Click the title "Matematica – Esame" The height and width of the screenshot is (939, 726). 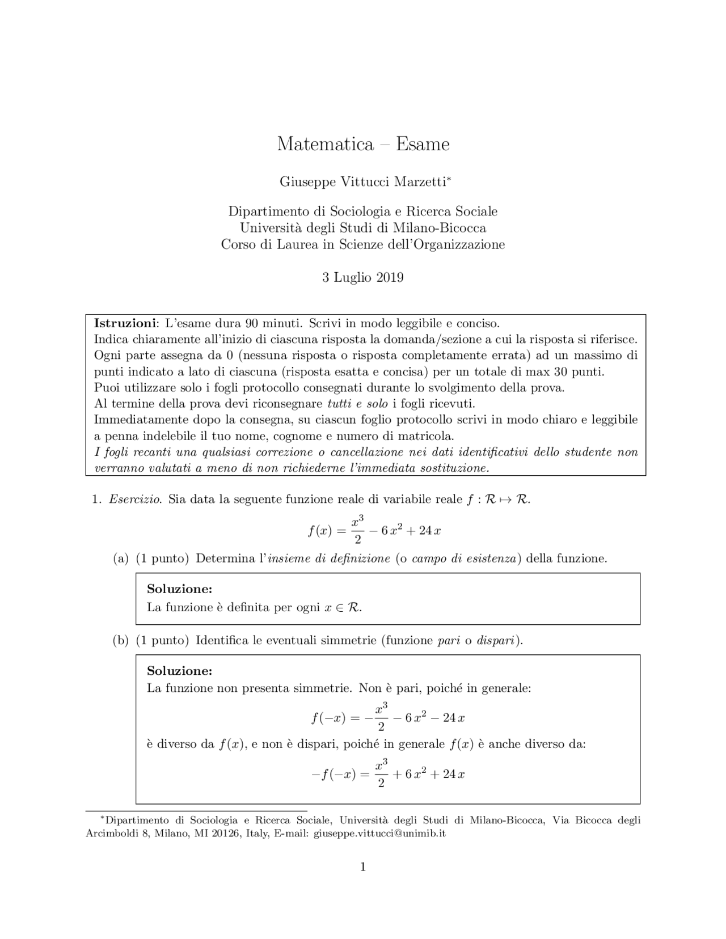click(363, 144)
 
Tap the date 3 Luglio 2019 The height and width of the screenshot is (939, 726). click(363, 277)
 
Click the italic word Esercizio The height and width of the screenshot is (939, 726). click(136, 500)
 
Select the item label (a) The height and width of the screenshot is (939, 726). click(121, 559)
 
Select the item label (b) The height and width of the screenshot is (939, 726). click(121, 640)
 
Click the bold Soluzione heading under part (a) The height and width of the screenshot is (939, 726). click(179, 589)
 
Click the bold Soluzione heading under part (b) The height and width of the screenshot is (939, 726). click(179, 671)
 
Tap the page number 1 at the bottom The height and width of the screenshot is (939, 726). click(363, 866)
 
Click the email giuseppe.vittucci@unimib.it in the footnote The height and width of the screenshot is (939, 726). click(380, 834)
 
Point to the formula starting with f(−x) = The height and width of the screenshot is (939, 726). click(388, 717)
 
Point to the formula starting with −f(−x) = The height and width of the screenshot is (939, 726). click(388, 774)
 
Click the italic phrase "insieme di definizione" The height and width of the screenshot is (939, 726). click(329, 559)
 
